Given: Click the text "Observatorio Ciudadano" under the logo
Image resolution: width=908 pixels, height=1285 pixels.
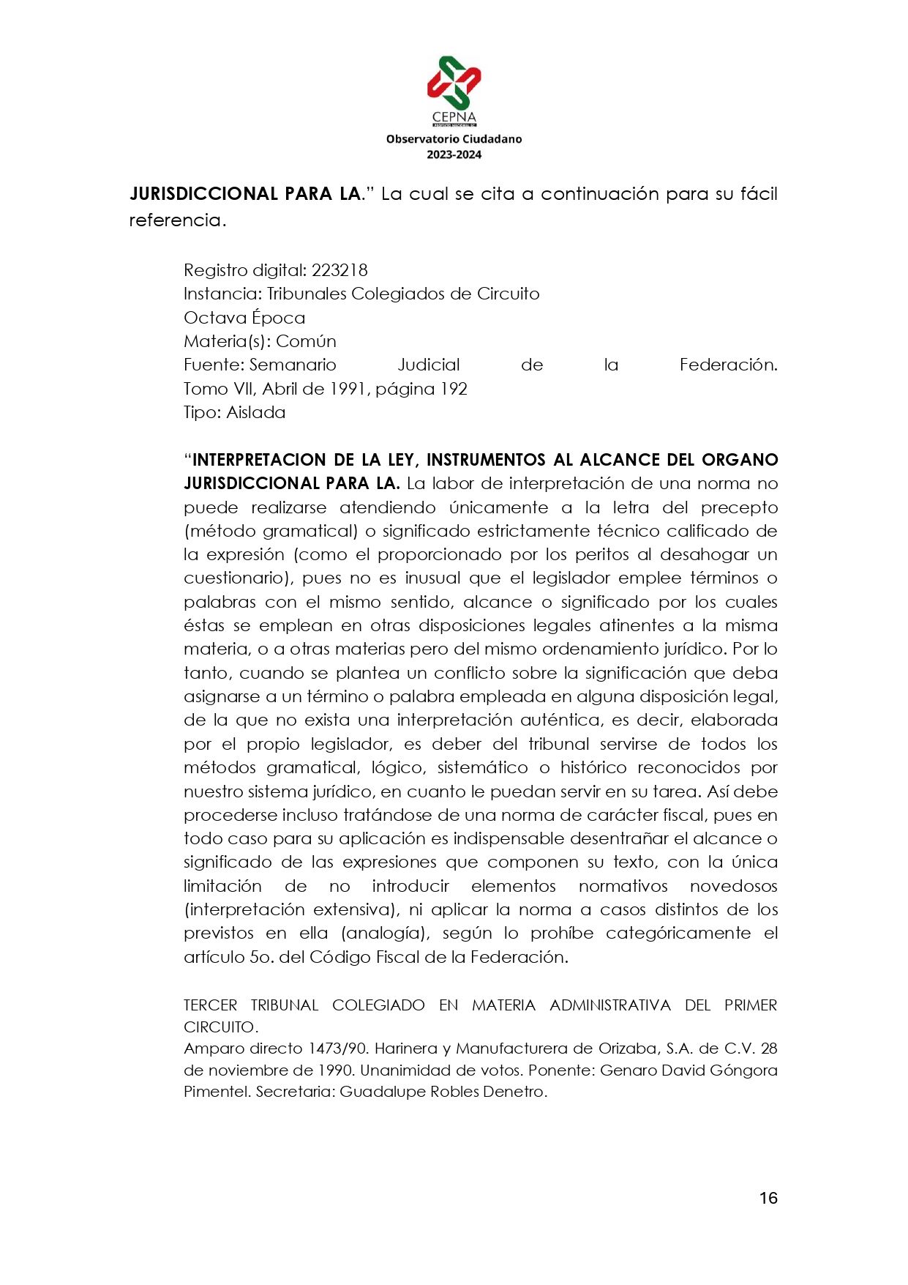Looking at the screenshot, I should [x=454, y=139].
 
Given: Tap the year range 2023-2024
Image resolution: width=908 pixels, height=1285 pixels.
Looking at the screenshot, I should [x=454, y=154].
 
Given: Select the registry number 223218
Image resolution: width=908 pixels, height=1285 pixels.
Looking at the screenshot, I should [x=339, y=270].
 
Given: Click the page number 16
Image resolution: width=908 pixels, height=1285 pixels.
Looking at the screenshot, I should [x=768, y=1198].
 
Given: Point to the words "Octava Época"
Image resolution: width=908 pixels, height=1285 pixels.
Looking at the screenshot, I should [x=244, y=318].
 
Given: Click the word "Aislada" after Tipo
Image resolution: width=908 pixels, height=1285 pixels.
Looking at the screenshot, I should [x=256, y=412].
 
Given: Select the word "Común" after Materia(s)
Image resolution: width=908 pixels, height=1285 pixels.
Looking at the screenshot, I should [x=306, y=341].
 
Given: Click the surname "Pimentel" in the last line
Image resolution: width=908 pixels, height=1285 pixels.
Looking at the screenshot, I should [x=217, y=1092].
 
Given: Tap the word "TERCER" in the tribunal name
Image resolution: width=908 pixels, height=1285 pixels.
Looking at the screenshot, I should [x=211, y=1005].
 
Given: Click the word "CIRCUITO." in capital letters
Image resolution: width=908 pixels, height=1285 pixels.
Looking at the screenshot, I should [x=220, y=1027].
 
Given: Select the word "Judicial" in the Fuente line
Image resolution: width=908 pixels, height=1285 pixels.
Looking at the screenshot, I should [x=428, y=365].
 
